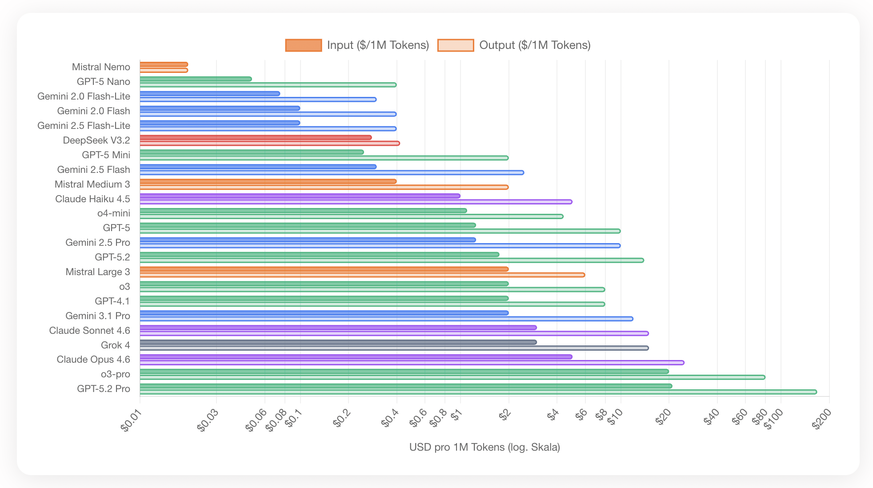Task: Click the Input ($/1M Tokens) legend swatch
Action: [304, 45]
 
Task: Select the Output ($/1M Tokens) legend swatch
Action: [456, 45]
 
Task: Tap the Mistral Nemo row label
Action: [101, 67]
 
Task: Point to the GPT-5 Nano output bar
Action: [268, 85]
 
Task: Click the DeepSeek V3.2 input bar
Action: [256, 137]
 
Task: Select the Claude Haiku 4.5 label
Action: [92, 199]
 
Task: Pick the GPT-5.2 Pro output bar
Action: [478, 392]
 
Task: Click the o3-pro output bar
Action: [453, 377]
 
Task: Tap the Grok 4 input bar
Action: [338, 342]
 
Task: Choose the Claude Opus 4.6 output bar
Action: [412, 363]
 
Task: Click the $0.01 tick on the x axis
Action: [131, 420]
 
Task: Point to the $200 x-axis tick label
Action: [821, 419]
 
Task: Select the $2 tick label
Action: [505, 415]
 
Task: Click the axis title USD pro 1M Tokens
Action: [485, 447]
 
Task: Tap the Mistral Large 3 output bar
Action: [362, 275]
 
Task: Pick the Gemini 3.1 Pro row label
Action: [98, 316]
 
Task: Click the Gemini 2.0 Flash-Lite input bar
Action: [210, 94]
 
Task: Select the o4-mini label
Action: [114, 213]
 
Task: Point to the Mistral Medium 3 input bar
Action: [268, 181]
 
